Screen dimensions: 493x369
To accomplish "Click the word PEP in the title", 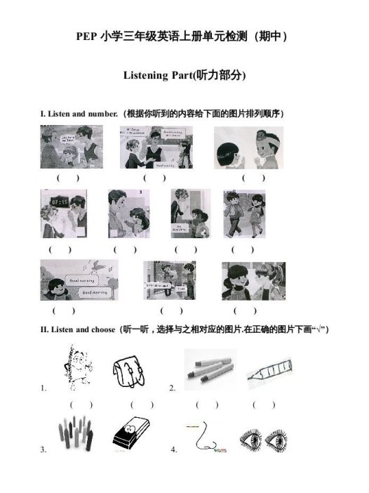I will pos(87,37).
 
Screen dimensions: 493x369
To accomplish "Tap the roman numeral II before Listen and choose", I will pos(44,329).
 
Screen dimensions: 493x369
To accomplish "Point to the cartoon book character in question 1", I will pos(73,364).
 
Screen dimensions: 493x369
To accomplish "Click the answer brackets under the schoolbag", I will pos(141,405).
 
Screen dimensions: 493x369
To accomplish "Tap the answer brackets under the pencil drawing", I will pos(264,405).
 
